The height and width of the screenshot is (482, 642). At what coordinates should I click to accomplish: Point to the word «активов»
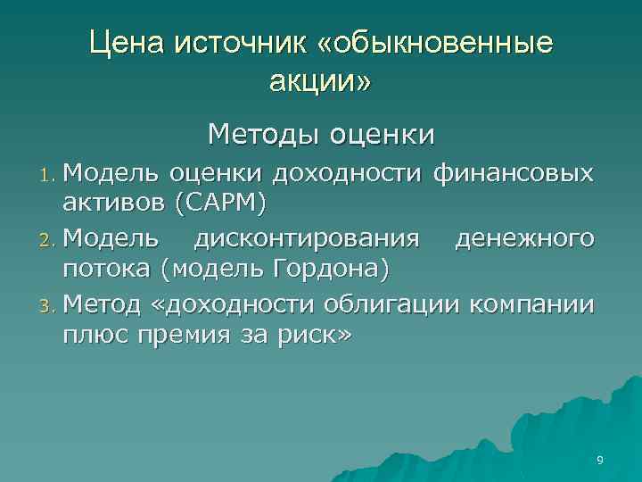coord(114,204)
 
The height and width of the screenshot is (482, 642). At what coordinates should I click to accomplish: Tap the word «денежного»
coord(524,238)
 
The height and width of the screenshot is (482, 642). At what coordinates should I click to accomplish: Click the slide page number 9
coord(600,461)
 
